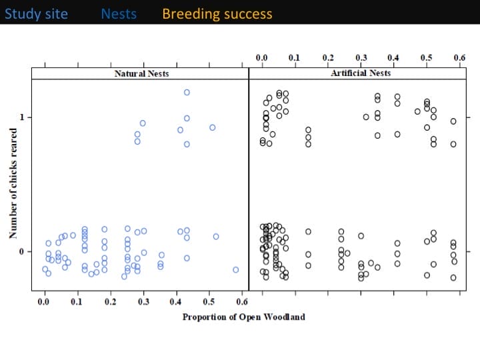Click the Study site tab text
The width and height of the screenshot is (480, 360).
(x=36, y=13)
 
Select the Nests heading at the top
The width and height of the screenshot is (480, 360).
(x=119, y=13)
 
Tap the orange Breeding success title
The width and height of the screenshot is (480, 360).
(x=217, y=13)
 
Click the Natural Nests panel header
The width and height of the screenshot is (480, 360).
(x=141, y=73)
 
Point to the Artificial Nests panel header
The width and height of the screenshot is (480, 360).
(x=361, y=73)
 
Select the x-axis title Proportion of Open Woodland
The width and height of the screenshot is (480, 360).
(x=243, y=317)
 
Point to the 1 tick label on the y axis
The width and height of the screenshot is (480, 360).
(x=21, y=117)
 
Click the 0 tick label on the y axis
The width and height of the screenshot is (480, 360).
(x=21, y=251)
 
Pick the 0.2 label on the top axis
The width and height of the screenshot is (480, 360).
(x=327, y=58)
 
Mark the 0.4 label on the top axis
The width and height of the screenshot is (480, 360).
(x=393, y=58)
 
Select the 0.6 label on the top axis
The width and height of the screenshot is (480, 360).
(x=459, y=58)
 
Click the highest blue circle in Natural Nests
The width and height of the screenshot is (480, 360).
(x=187, y=93)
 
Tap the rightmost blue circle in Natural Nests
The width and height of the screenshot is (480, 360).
(x=236, y=269)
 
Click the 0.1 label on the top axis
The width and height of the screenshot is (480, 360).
(x=295, y=58)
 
